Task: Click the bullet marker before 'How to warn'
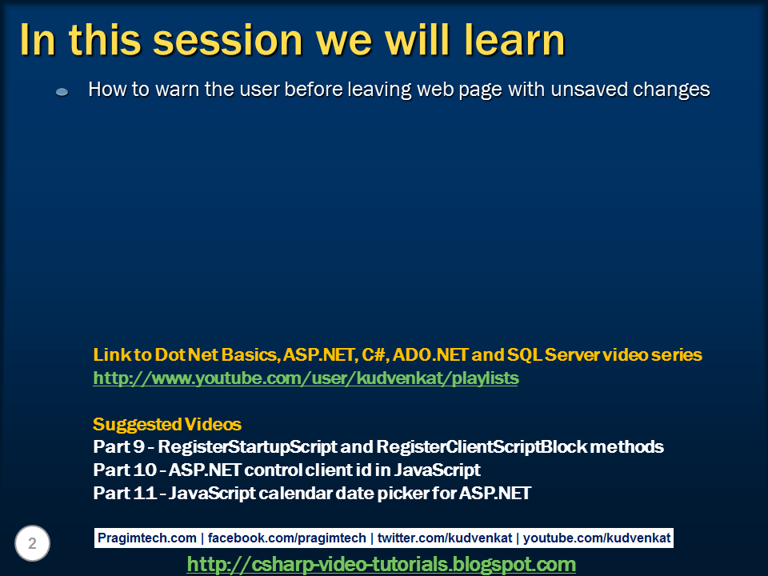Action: pos(62,93)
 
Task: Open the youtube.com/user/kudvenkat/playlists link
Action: pos(306,378)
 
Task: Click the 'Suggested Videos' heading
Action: pos(167,423)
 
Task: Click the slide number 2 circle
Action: pos(32,544)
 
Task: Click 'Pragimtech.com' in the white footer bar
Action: pos(146,538)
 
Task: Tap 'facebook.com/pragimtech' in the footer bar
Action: pos(287,538)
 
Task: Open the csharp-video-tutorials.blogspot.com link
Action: pos(381,564)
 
